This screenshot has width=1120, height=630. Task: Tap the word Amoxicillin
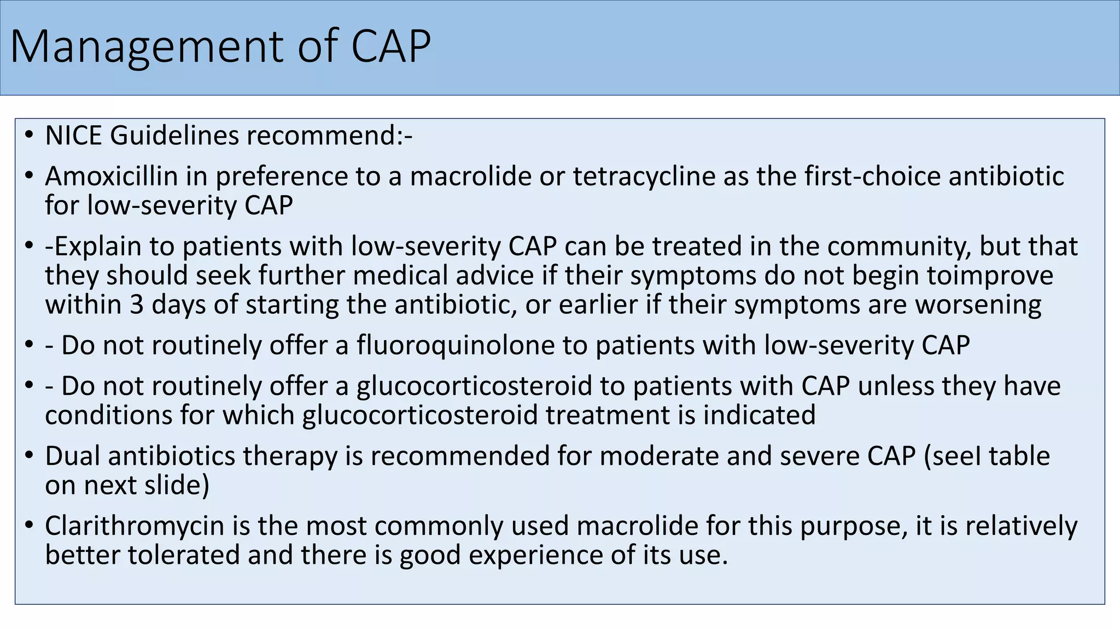pos(112,176)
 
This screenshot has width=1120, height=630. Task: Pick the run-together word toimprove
pos(989,275)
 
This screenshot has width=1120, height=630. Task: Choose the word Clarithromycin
pos(135,526)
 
